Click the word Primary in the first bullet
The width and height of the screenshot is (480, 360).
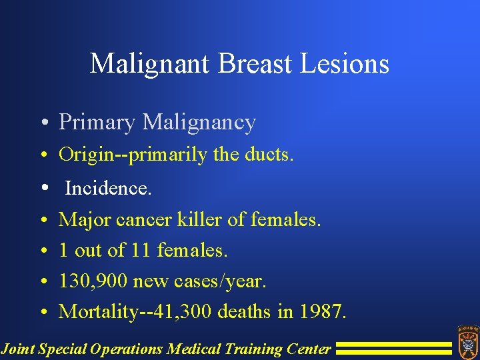(97, 123)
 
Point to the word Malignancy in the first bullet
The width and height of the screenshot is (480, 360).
(199, 123)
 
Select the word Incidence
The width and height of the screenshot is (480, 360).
(109, 189)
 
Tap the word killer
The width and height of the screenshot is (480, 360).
(197, 219)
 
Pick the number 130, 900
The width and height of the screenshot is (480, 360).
(93, 281)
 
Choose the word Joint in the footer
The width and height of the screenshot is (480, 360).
(18, 348)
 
